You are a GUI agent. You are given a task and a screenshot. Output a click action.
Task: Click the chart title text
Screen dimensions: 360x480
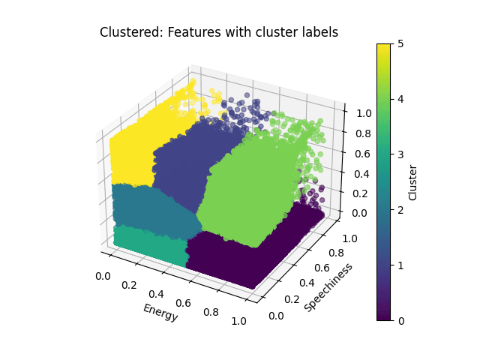click(x=219, y=32)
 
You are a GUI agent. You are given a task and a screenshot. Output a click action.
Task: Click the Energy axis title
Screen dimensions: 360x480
click(x=160, y=313)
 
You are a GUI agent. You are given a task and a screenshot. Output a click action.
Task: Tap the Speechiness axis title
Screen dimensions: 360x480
click(x=328, y=286)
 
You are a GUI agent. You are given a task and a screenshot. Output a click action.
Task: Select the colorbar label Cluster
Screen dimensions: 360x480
click(x=412, y=182)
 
